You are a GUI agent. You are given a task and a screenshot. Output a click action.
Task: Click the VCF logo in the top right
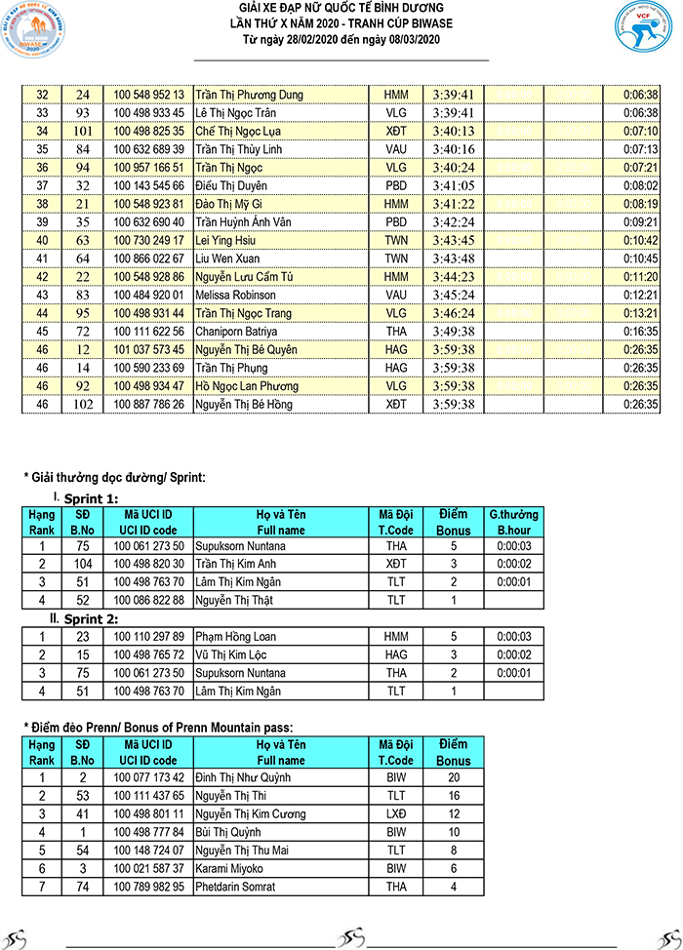(x=644, y=32)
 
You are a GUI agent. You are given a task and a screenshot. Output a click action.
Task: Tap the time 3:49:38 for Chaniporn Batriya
(x=453, y=332)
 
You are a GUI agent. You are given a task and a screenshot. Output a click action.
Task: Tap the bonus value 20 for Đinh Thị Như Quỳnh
(x=453, y=777)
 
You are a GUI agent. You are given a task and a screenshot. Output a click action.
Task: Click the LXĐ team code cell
(x=395, y=813)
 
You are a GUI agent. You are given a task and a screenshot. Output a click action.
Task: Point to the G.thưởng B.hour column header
(x=513, y=521)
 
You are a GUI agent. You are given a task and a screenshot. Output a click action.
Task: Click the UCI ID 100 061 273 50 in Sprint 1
(x=148, y=546)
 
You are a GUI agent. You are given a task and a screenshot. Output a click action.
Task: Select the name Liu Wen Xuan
(x=227, y=258)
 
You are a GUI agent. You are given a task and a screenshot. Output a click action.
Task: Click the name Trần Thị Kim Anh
(x=239, y=565)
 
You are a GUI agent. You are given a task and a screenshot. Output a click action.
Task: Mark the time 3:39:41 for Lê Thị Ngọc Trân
(x=453, y=113)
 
